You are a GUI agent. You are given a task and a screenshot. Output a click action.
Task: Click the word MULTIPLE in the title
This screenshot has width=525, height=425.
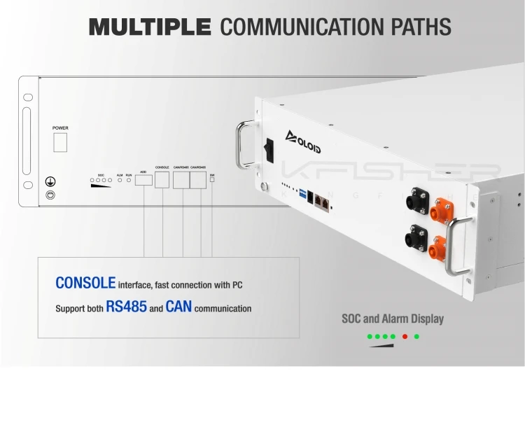(150, 27)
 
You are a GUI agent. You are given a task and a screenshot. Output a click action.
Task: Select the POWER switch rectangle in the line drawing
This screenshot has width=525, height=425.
(60, 141)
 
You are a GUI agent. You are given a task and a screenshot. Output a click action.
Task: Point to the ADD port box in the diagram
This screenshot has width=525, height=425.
(143, 180)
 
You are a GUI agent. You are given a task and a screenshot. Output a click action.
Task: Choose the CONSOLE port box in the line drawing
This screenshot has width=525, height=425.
(162, 180)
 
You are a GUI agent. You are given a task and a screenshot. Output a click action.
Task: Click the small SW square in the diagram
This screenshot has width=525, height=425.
(212, 180)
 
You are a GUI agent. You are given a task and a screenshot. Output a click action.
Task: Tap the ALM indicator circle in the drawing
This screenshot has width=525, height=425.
(120, 180)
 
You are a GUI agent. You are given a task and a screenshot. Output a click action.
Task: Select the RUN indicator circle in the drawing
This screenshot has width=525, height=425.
(129, 180)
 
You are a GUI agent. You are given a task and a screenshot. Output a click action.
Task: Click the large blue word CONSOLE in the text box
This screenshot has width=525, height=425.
(85, 284)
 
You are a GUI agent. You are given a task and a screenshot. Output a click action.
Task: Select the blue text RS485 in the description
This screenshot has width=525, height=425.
(126, 307)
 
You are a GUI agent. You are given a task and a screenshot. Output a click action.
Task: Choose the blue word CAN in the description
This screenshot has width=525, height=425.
(178, 307)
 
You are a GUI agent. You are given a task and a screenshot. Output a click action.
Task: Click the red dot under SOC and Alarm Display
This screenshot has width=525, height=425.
(405, 337)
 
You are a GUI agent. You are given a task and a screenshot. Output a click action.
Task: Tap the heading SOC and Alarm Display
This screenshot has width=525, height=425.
(392, 319)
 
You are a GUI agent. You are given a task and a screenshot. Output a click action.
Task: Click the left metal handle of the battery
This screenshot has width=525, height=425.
(245, 146)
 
